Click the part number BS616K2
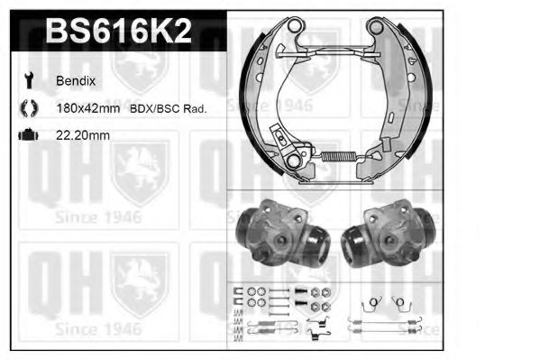[118, 32]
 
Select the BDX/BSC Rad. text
[169, 108]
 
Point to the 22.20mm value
[84, 135]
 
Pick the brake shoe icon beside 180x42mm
[27, 108]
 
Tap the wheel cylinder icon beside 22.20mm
[27, 135]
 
